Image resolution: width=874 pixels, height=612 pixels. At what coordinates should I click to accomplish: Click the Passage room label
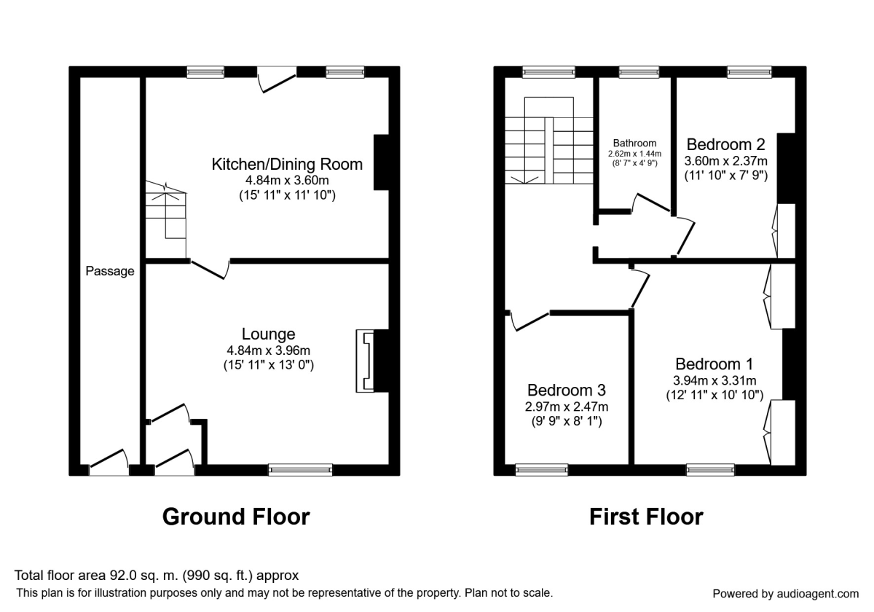pos(110,272)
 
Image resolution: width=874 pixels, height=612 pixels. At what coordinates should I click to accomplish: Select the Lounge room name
pos(269,334)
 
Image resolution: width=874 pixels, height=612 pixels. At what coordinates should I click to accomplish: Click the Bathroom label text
pos(634,144)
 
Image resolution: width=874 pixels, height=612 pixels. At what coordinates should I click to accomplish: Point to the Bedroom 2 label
pos(726,144)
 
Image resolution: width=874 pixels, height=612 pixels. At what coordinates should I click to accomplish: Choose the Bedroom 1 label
pos(714,364)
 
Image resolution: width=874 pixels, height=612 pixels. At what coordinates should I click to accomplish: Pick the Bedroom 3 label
pos(567,390)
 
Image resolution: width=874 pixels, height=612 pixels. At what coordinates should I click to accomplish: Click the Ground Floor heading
pos(235,517)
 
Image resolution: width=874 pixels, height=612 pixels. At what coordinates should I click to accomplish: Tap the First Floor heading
pos(646,517)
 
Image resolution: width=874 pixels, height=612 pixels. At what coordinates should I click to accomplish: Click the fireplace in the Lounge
pos(363,361)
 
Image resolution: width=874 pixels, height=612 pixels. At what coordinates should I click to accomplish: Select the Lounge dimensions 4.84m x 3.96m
pos(269,350)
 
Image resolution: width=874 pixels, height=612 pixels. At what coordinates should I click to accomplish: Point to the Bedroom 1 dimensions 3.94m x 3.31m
pos(714,380)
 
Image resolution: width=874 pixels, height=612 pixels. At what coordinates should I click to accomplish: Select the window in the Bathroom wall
pos(639,71)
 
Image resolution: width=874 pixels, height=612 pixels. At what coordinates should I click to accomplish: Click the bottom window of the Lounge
pos(300,470)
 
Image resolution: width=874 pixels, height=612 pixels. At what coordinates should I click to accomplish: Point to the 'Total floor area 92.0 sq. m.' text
pos(157,576)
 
